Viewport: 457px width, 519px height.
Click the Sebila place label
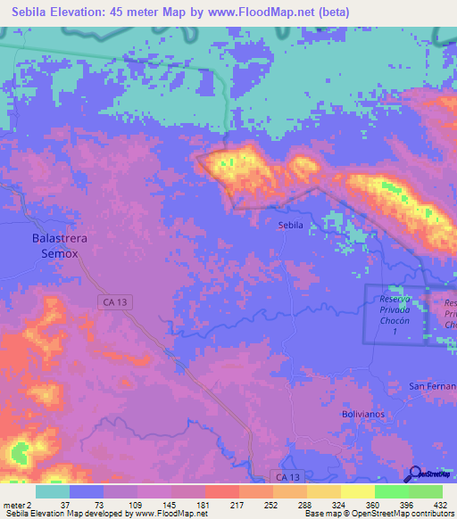click(x=291, y=226)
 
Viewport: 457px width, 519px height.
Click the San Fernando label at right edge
click(x=433, y=386)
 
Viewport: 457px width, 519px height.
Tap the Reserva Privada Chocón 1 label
click(x=394, y=314)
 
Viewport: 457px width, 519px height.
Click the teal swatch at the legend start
click(x=53, y=491)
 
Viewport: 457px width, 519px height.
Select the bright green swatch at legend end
click(x=426, y=491)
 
